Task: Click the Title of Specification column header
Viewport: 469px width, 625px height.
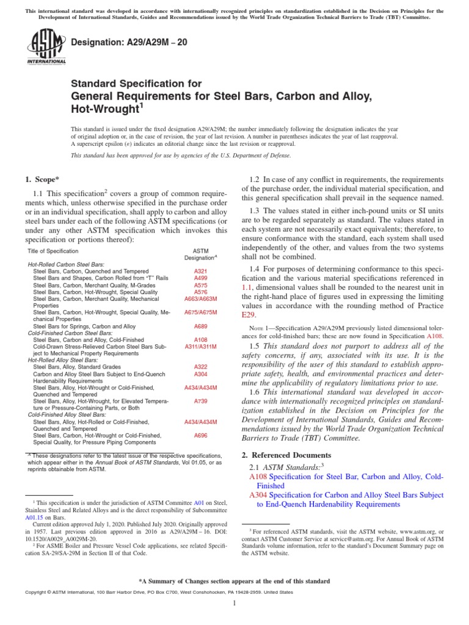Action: (53, 251)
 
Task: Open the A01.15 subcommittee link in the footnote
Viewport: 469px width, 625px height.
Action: (34, 516)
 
